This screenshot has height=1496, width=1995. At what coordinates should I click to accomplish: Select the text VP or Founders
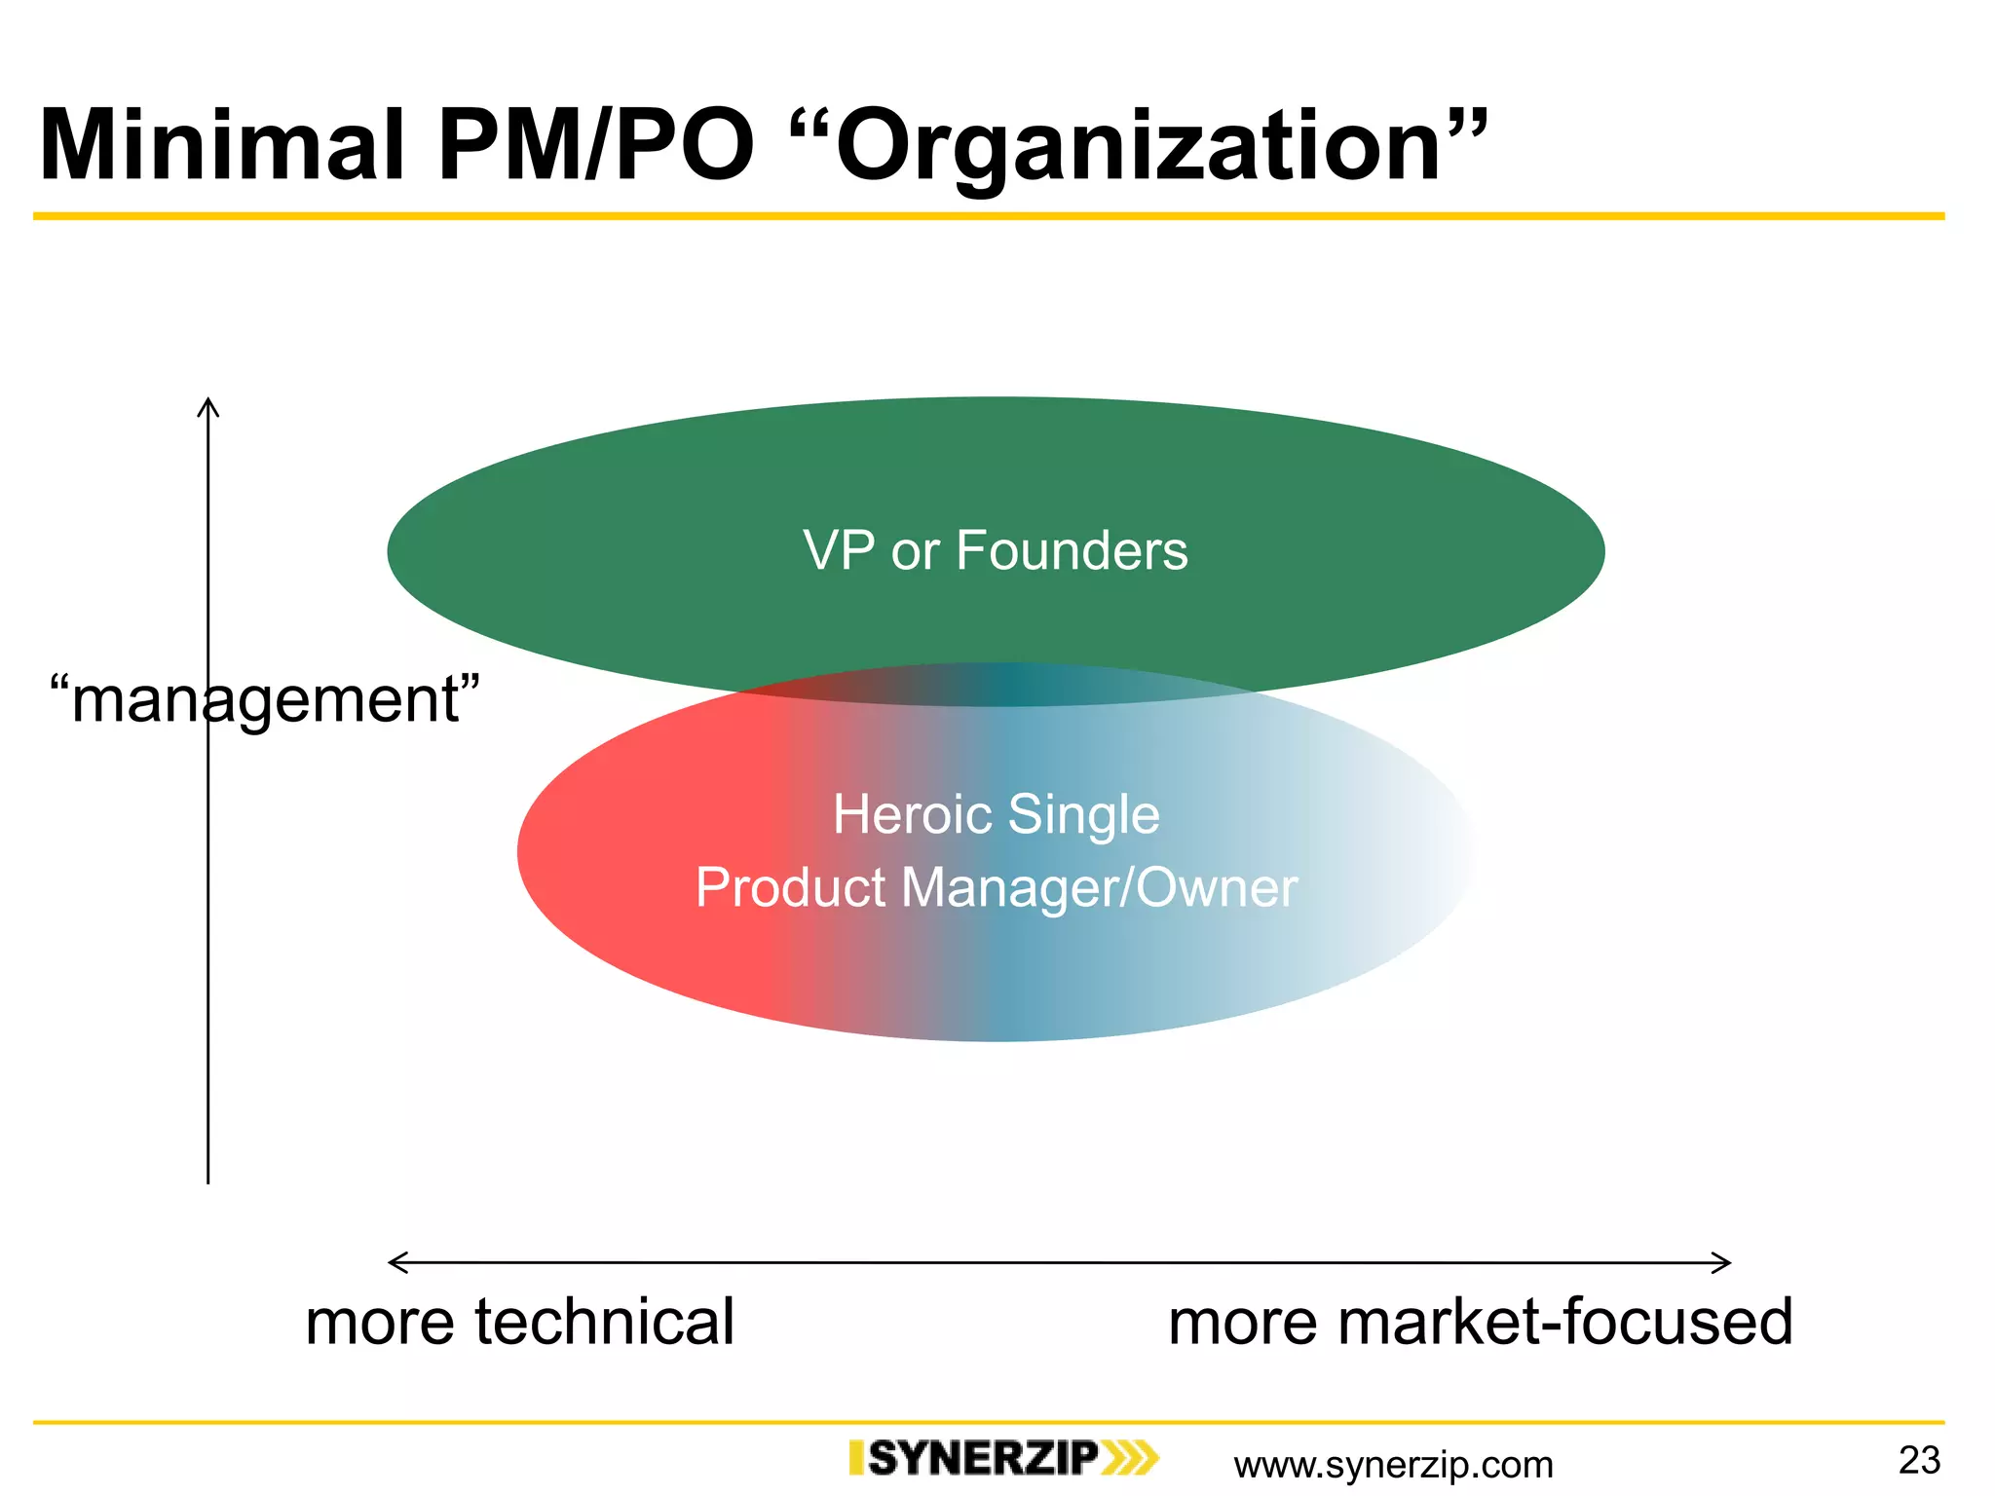coord(995,551)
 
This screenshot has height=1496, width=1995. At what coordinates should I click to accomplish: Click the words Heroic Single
coord(996,814)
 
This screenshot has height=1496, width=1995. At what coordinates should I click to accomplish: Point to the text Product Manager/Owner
coord(996,888)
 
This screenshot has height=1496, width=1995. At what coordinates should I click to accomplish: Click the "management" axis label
coord(265,699)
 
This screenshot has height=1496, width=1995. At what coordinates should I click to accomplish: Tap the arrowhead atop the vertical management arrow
coord(207,405)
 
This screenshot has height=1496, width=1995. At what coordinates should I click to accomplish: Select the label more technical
coord(519,1323)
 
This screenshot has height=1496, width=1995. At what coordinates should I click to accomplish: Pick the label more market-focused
coord(1480,1323)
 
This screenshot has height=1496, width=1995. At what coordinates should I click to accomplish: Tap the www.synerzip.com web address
coord(1393,1465)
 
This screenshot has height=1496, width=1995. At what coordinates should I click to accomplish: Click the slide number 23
coord(1919,1460)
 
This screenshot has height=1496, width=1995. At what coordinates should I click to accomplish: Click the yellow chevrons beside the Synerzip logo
coord(1131,1458)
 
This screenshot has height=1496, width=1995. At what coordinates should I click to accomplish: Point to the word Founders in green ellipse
coord(1072,551)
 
